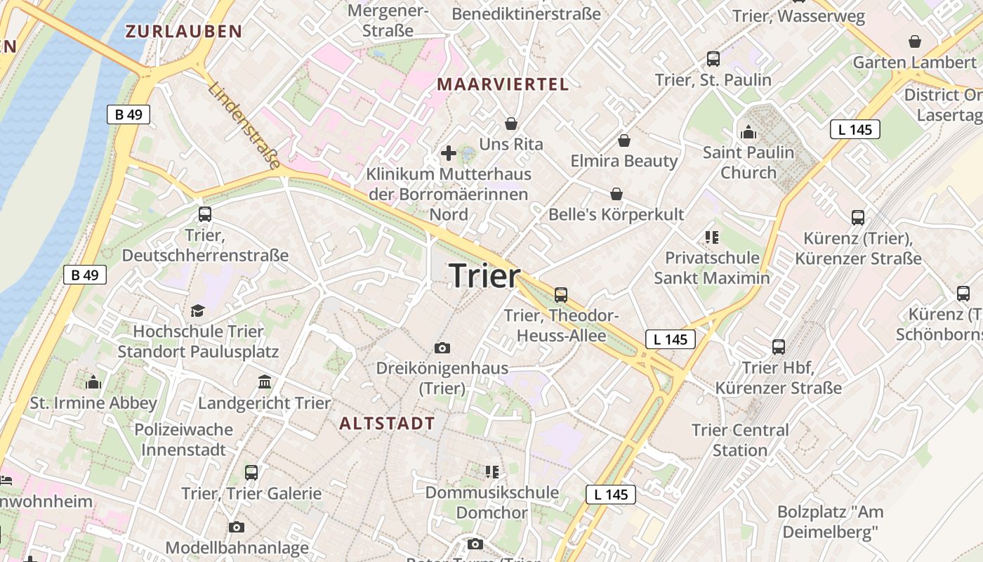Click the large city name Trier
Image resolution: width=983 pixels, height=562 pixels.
484,275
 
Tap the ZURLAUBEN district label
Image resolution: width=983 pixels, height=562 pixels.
183,31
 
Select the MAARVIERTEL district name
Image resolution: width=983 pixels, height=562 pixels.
503,84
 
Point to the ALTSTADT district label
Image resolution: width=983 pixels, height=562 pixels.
387,423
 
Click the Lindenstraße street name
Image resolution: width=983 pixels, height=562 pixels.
244,126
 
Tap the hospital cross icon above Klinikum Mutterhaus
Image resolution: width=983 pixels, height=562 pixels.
448,152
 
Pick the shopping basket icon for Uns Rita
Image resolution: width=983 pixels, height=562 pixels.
511,124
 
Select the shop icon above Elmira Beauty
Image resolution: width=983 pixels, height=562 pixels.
624,140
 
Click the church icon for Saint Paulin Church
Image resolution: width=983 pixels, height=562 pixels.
748,132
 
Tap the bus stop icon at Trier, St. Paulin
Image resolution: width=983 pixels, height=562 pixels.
713,59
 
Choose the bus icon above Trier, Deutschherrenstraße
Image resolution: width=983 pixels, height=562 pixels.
205,214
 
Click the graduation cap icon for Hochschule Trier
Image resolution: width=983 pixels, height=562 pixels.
198,311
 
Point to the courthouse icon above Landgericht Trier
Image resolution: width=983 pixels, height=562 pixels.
265,382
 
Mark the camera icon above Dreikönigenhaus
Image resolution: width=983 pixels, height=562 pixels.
442,348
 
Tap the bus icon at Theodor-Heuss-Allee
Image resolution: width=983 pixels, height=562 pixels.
561,295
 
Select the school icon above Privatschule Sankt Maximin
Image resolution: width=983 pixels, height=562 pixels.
712,237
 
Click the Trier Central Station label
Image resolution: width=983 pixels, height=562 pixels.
740,440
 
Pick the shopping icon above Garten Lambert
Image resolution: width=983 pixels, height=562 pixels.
914,41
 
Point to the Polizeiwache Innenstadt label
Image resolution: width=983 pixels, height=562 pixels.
183,439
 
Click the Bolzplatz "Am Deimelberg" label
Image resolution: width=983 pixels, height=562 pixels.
830,522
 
